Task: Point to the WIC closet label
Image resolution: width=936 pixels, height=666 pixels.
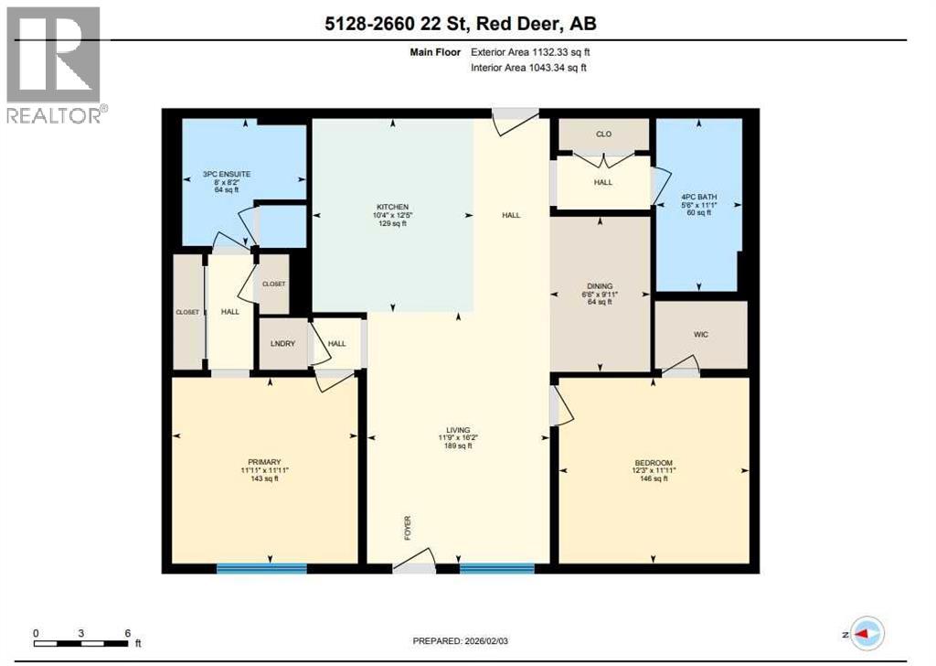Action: point(700,335)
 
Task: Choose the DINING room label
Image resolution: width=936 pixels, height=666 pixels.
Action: point(600,285)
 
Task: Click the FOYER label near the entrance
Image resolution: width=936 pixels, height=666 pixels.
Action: point(409,527)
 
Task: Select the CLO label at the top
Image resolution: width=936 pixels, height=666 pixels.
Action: point(603,134)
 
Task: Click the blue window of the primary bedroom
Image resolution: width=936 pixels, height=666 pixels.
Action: point(261,568)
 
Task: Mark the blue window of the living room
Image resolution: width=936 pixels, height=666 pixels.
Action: point(496,568)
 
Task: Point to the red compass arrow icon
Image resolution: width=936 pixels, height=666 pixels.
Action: point(866,632)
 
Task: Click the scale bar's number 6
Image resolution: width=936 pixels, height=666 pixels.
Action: point(127,633)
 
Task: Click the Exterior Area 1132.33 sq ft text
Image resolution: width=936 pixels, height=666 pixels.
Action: point(536,53)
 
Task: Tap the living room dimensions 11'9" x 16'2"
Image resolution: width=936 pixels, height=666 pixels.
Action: point(458,437)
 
